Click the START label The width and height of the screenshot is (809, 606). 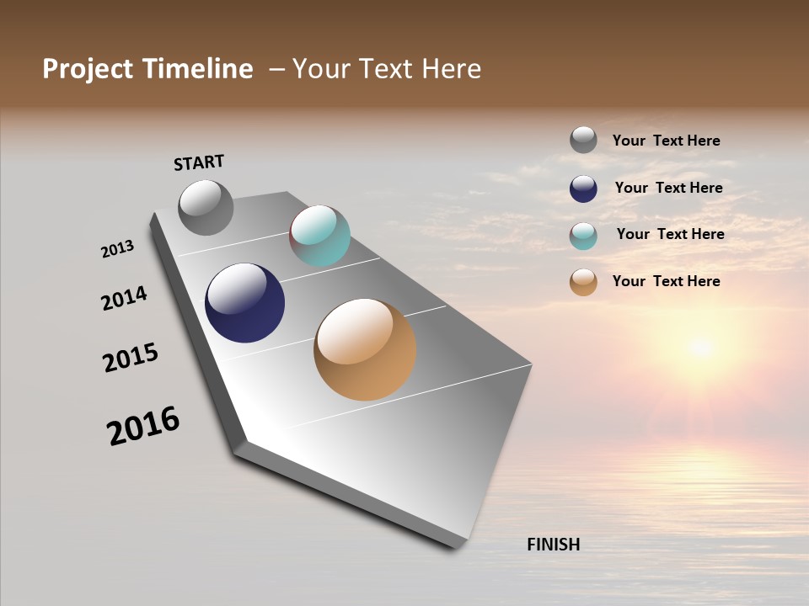(x=199, y=162)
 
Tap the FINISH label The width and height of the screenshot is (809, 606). (x=553, y=545)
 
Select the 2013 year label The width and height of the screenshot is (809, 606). (x=118, y=248)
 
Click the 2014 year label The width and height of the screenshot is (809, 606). (x=124, y=298)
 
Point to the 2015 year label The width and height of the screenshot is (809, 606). (x=130, y=358)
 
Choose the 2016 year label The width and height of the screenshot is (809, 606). (x=143, y=426)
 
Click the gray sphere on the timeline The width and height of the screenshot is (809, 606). (x=206, y=207)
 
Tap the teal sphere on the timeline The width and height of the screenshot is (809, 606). (x=319, y=236)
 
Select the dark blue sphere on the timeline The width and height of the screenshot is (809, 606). (x=244, y=302)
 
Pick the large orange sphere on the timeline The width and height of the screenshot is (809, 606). (x=365, y=349)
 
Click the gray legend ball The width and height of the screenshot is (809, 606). (x=583, y=140)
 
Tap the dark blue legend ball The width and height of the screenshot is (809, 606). (x=583, y=189)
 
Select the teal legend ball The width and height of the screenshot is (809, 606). (x=583, y=236)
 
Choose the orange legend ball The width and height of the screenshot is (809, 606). (x=583, y=282)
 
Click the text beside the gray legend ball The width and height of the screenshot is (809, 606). (x=666, y=141)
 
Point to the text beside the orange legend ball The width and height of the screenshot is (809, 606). (x=666, y=281)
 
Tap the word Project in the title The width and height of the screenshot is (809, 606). (x=87, y=69)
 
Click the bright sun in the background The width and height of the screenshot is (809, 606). (x=699, y=345)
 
